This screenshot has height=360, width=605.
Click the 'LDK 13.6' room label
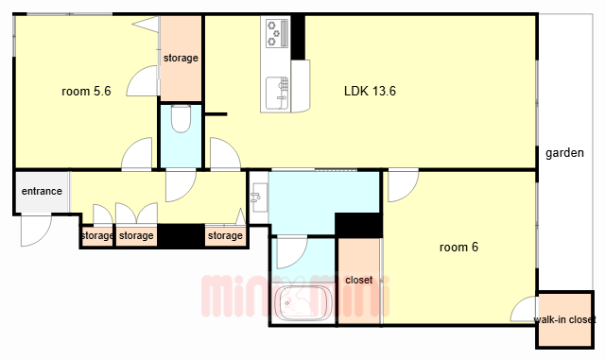point(370,91)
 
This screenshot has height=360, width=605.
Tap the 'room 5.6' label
point(86,91)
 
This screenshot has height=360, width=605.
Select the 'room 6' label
point(458,247)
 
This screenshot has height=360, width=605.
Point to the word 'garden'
point(564,153)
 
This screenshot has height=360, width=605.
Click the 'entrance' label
point(42,191)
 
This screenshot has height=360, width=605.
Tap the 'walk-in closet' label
point(564,319)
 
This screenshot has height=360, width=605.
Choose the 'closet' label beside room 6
point(359,280)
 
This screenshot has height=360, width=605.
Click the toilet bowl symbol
point(181,119)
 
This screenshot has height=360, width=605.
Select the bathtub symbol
point(302,303)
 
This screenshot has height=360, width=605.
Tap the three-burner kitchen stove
point(277,34)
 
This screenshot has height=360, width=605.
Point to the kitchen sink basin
point(277,93)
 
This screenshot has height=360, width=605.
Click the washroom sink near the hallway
point(259,197)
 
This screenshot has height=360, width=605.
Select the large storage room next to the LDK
point(181,58)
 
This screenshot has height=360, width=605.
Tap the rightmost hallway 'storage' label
point(225,235)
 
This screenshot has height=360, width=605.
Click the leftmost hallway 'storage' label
point(97,235)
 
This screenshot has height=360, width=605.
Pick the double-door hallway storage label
point(136,235)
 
